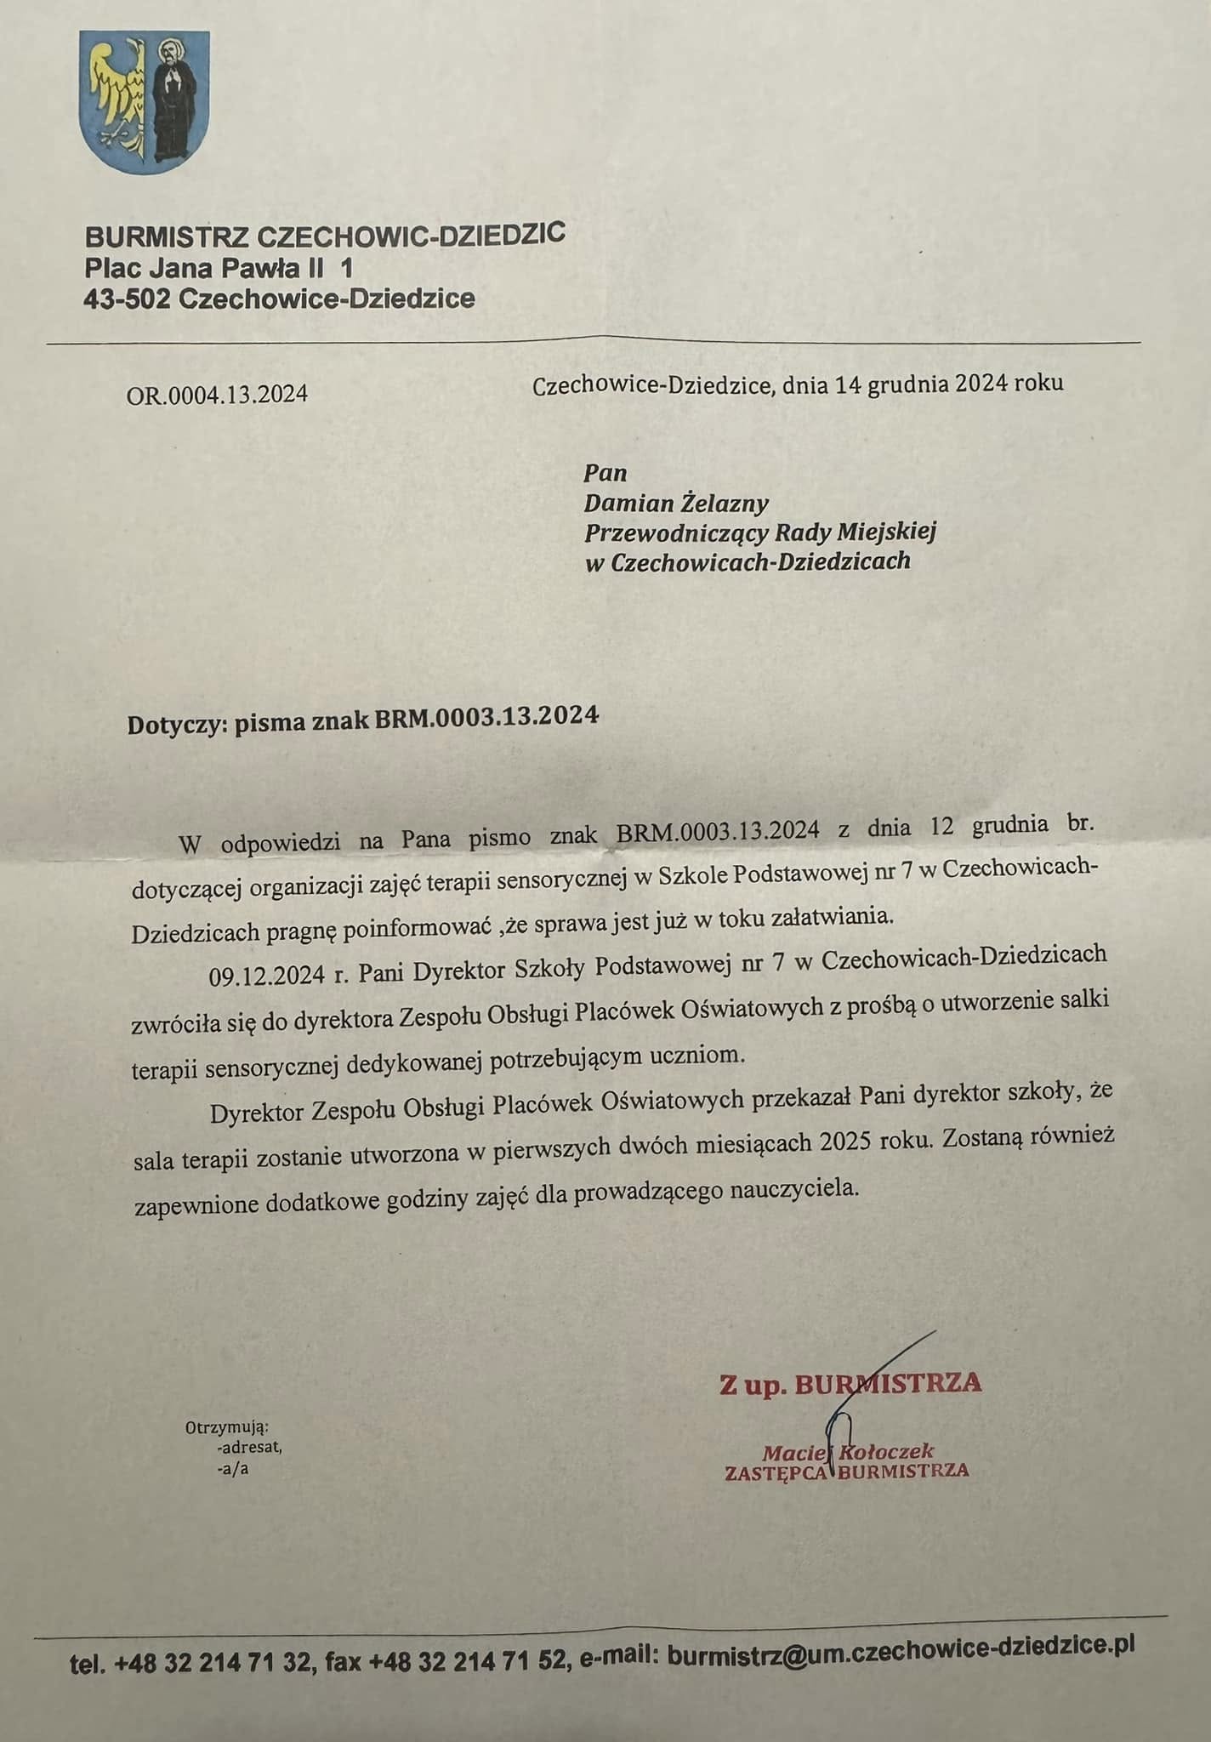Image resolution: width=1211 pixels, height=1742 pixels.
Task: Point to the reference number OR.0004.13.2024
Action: [x=217, y=395]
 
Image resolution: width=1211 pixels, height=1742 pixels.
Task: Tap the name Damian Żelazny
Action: [x=676, y=504]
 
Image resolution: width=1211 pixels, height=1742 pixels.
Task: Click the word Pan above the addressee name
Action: [x=605, y=473]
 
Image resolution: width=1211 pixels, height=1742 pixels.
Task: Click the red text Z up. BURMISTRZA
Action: [x=850, y=1384]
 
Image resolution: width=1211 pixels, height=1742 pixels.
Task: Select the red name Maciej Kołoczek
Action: [x=848, y=1452]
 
